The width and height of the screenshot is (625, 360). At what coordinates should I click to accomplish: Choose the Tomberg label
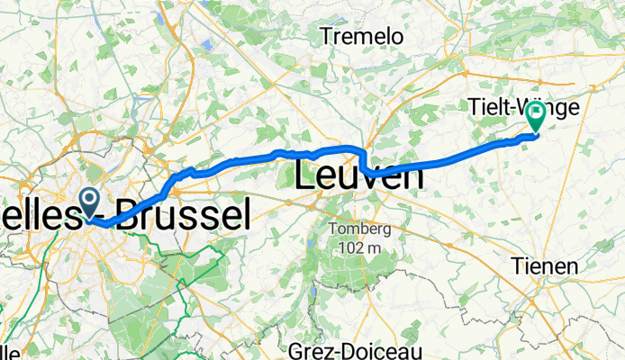[358, 229]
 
